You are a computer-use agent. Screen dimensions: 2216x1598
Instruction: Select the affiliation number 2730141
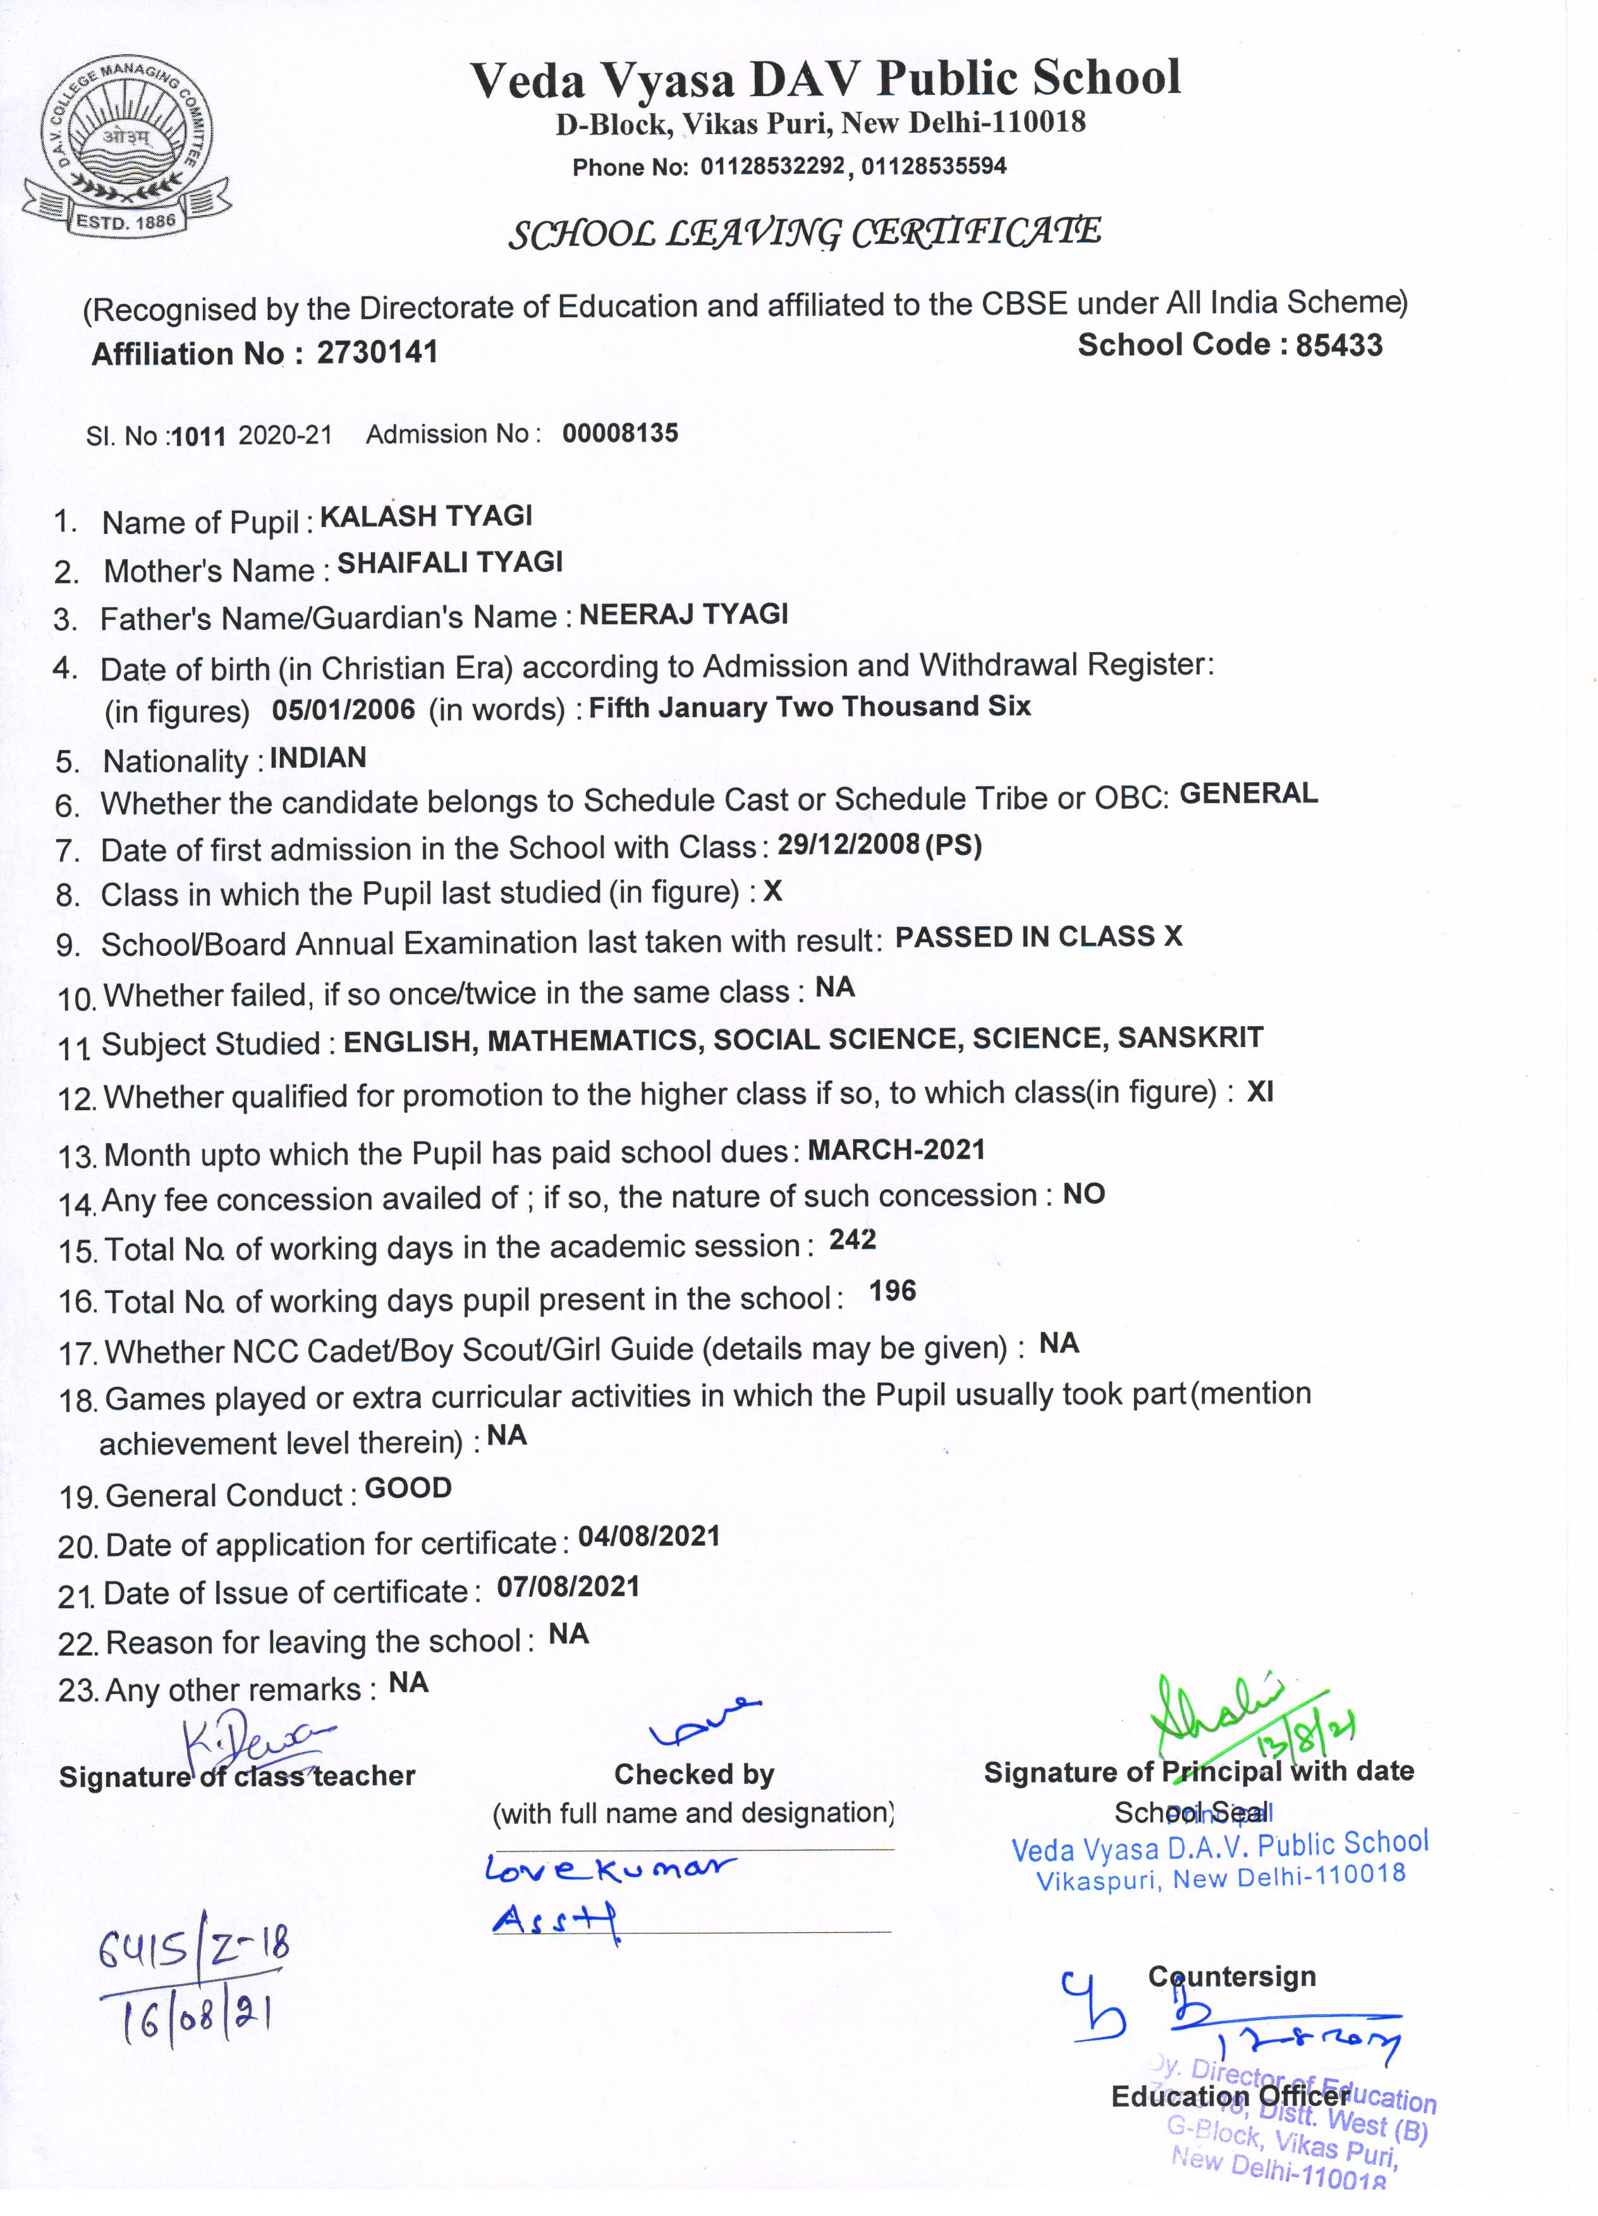377,352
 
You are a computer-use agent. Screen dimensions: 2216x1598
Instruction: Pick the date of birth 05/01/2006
343,710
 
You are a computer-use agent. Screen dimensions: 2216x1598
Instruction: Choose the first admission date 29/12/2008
848,844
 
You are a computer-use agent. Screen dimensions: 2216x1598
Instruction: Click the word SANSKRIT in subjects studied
1190,1037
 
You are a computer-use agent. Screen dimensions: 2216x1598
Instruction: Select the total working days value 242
852,1239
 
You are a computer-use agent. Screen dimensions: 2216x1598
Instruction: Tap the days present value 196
893,1291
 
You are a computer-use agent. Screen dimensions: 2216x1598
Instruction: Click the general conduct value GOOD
408,1488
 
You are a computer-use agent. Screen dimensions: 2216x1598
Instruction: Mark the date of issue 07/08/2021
568,1587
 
